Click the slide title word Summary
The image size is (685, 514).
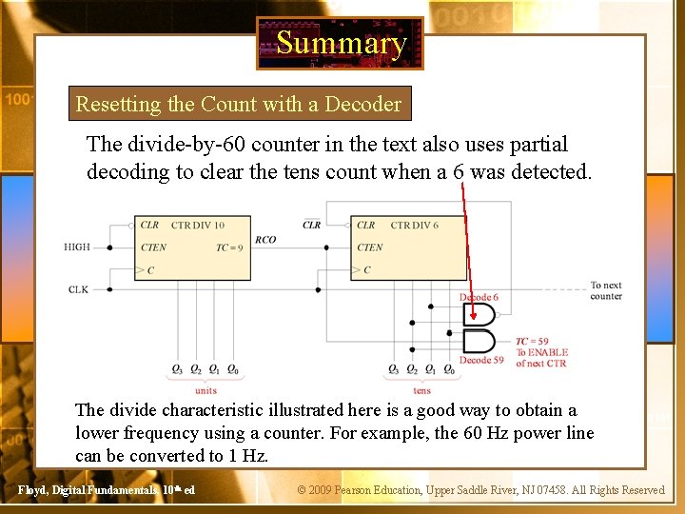pyautogui.click(x=341, y=43)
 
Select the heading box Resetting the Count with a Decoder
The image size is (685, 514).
pyautogui.click(x=239, y=104)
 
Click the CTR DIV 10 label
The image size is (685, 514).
pyautogui.click(x=198, y=226)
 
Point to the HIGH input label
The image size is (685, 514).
pyautogui.click(x=77, y=247)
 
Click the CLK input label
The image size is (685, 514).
pyautogui.click(x=79, y=289)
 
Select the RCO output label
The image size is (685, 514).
pyautogui.click(x=265, y=240)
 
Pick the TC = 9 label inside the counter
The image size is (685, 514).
pyautogui.click(x=229, y=247)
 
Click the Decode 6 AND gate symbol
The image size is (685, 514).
pyautogui.click(x=479, y=315)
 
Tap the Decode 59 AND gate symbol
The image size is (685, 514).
pyautogui.click(x=479, y=340)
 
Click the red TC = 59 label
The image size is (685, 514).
pyautogui.click(x=533, y=341)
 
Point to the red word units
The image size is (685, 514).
pyautogui.click(x=205, y=390)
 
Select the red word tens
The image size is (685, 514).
pyautogui.click(x=421, y=390)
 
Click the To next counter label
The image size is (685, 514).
pyautogui.click(x=605, y=290)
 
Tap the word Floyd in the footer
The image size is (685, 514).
pyautogui.click(x=33, y=490)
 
